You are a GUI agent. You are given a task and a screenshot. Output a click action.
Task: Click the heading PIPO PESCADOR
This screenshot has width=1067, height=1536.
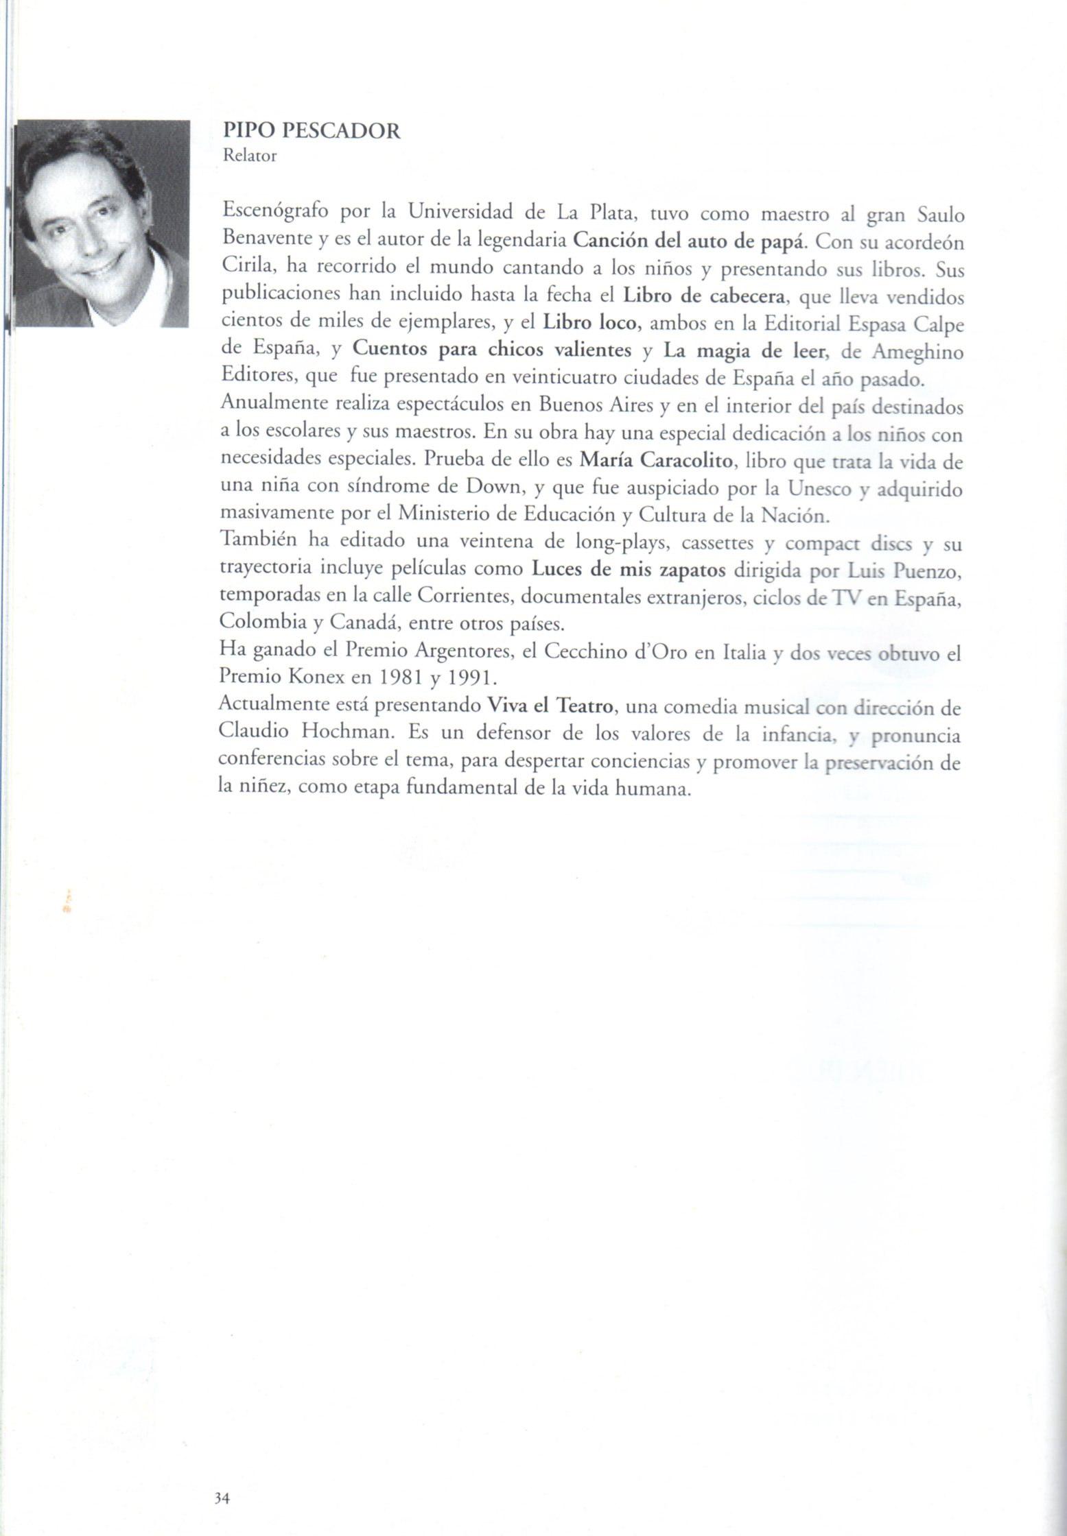312,131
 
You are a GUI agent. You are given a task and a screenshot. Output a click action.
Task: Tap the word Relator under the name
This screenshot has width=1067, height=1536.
250,156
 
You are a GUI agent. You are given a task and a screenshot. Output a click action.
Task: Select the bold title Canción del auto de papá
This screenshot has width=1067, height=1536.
691,241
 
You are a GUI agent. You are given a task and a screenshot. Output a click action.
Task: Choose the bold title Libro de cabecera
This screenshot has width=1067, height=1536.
703,296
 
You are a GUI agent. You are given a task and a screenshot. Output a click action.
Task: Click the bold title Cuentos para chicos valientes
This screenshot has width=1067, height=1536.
492,350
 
